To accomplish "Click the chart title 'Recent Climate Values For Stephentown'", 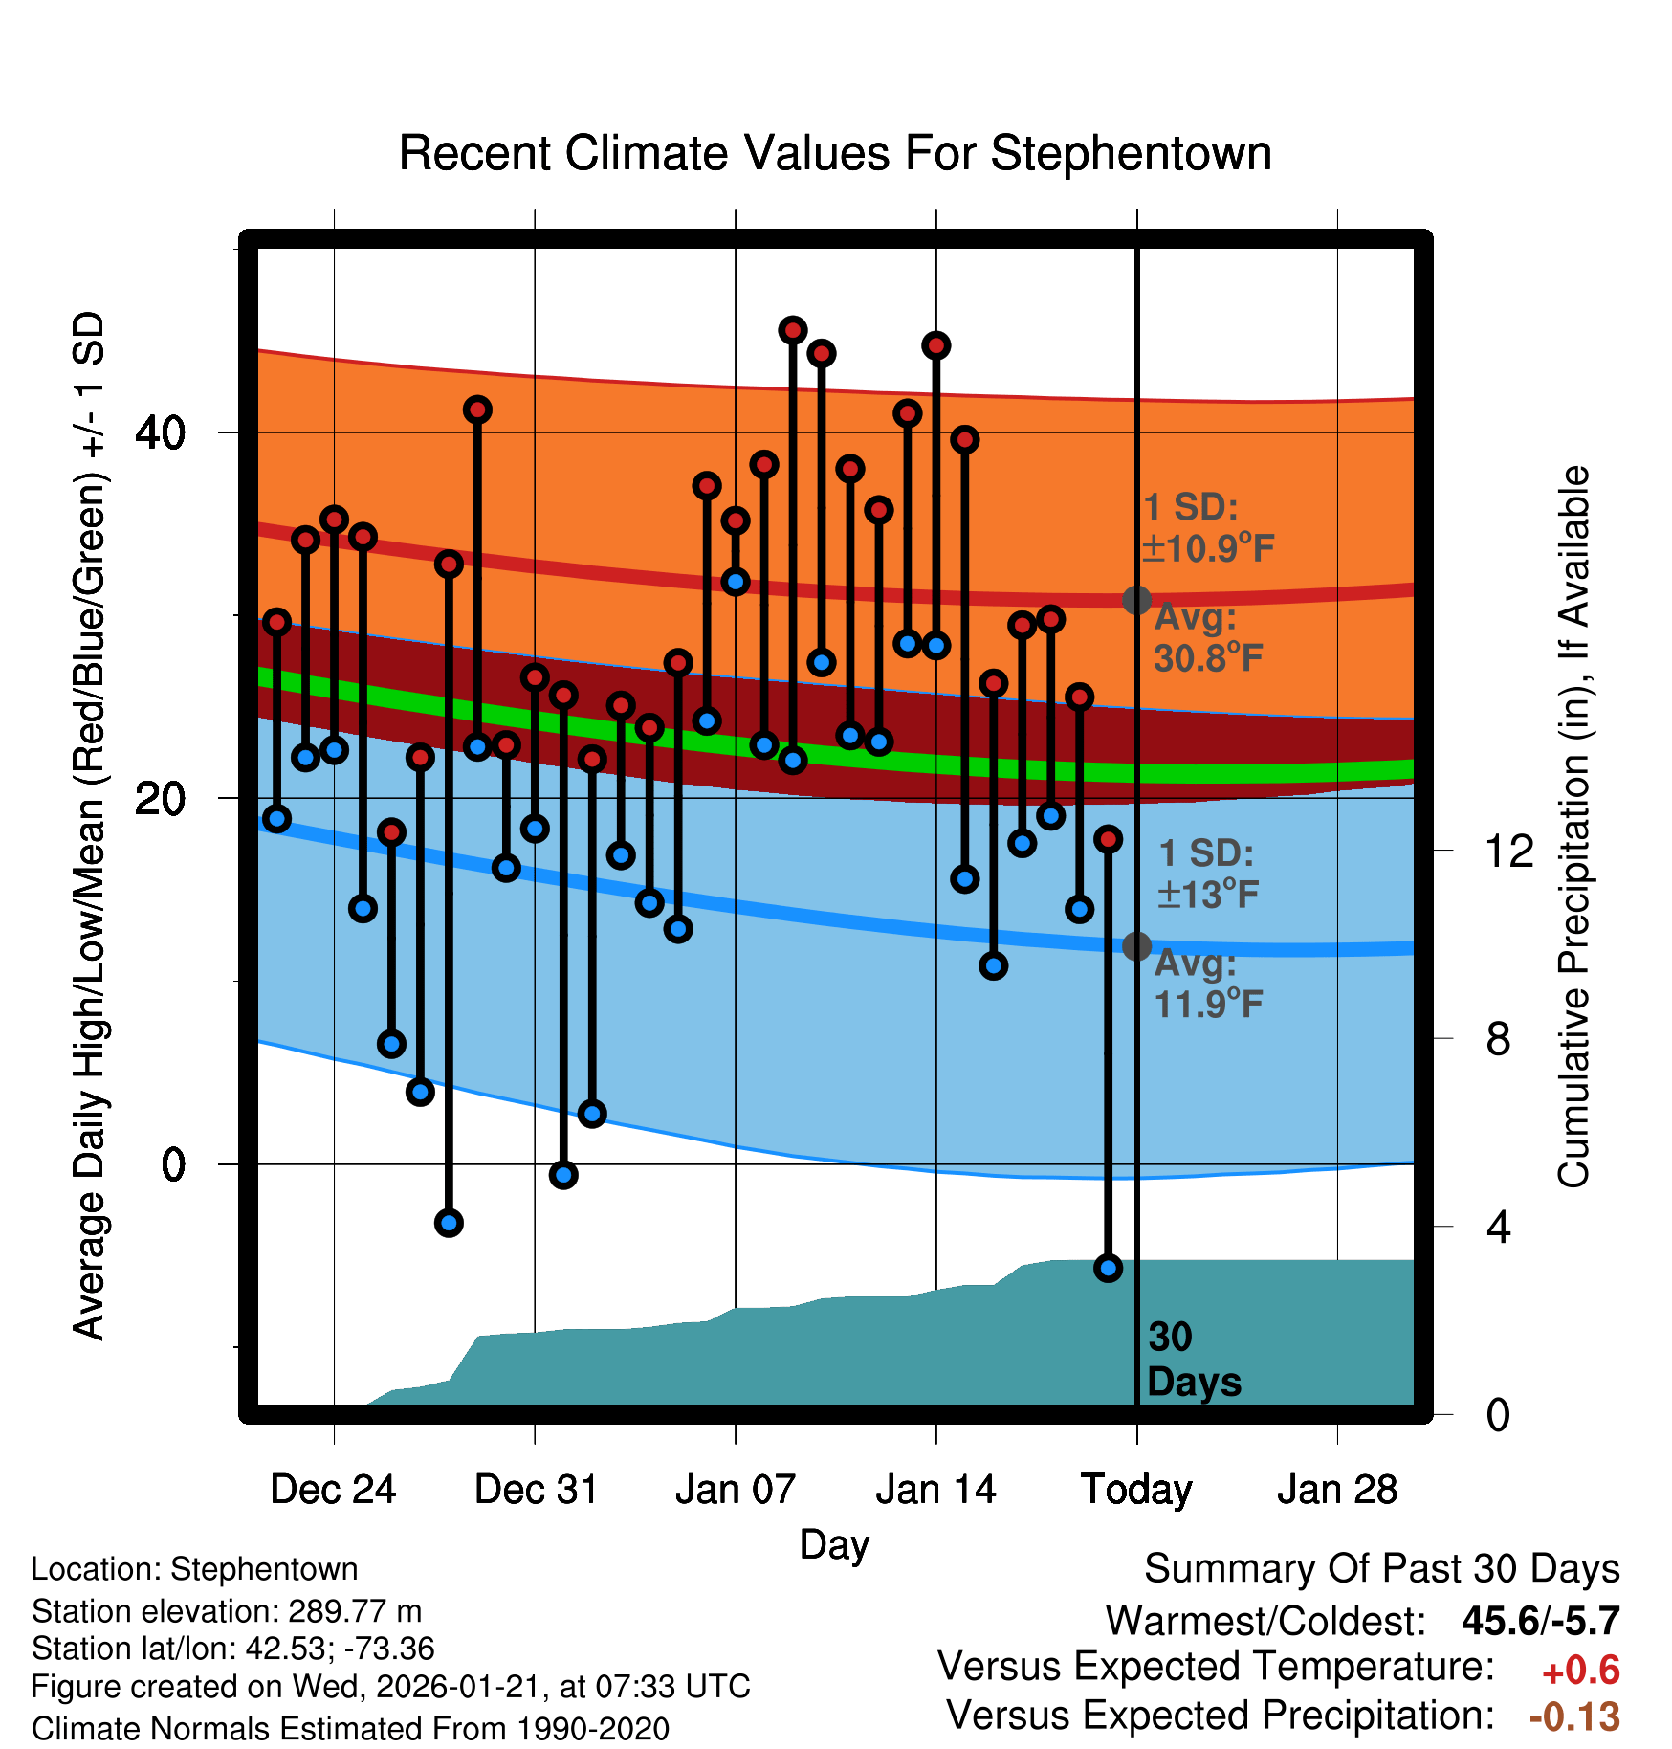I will (x=835, y=153).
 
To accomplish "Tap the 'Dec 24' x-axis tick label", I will (x=333, y=1490).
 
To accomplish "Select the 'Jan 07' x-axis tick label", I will (x=735, y=1490).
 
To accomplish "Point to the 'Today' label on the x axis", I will (x=1136, y=1490).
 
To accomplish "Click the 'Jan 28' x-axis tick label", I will (x=1337, y=1490).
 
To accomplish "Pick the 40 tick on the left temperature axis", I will (x=160, y=432).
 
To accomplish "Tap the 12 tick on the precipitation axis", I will (x=1508, y=851).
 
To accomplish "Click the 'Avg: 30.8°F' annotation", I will (x=1208, y=638).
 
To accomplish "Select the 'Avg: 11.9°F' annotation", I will (x=1208, y=984).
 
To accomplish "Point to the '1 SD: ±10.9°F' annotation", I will (x=1208, y=528).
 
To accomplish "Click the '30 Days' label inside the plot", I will (x=1193, y=1360).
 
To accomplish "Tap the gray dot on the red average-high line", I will (x=1136, y=600).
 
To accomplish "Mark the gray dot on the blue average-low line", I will (x=1136, y=946).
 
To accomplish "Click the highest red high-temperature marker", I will (x=793, y=330).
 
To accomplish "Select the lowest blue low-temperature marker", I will (x=1108, y=1268).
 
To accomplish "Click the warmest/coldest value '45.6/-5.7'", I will (x=1540, y=1621).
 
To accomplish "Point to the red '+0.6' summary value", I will (x=1580, y=1671).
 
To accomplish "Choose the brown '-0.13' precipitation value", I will (x=1574, y=1716).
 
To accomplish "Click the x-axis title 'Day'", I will (x=834, y=1544).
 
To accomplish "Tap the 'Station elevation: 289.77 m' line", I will (x=227, y=1611).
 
